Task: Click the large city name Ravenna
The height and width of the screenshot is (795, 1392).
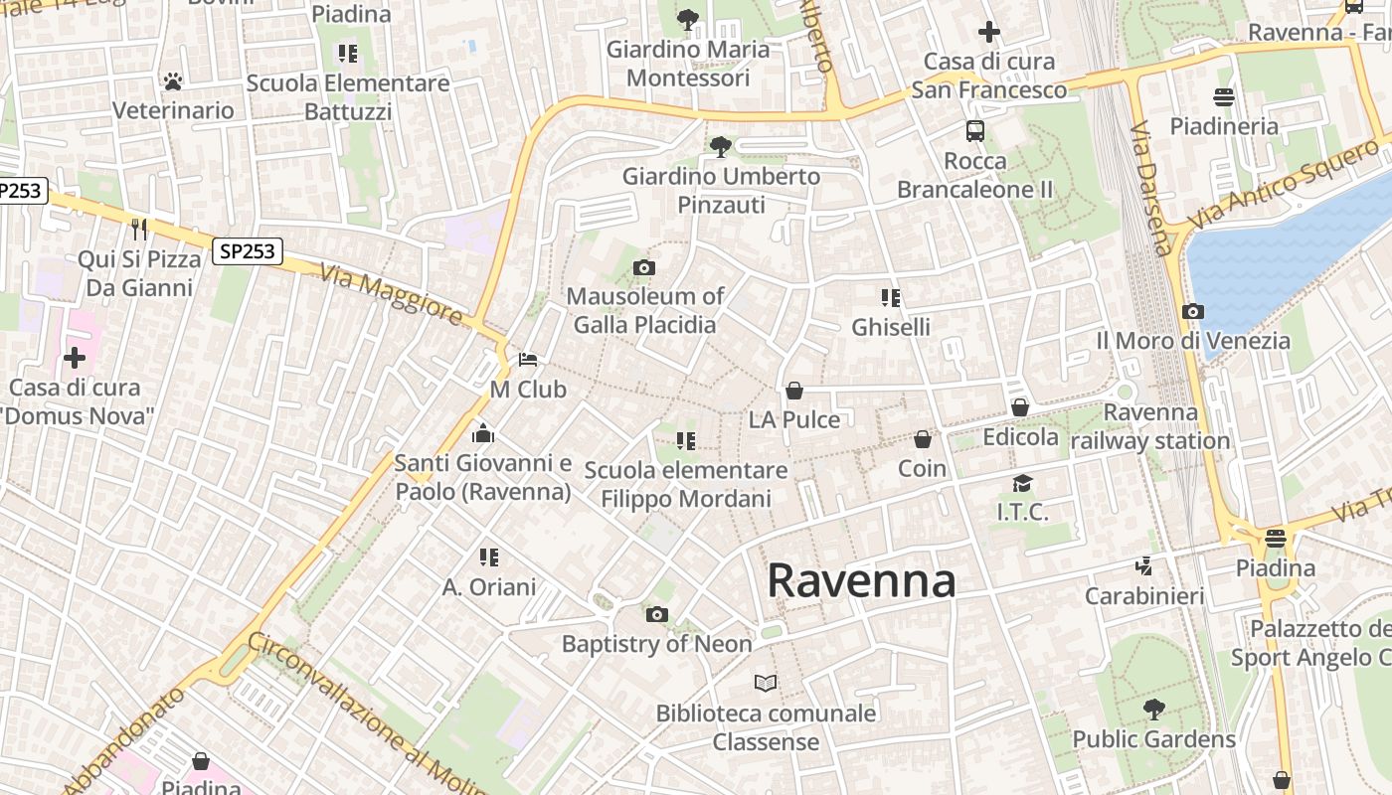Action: tap(861, 581)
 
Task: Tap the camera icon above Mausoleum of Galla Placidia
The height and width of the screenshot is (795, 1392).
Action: tap(644, 267)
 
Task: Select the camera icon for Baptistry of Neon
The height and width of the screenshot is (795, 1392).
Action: tap(656, 614)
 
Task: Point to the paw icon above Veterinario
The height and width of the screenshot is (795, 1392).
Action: tap(173, 80)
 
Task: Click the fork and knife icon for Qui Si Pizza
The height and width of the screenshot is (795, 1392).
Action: tap(138, 230)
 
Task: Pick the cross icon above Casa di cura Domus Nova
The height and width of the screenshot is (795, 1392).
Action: tap(75, 358)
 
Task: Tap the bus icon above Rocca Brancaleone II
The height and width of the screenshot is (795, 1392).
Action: tap(975, 130)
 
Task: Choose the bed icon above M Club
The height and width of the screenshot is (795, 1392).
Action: tap(528, 359)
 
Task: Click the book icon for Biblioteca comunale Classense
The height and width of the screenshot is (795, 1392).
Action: tap(765, 683)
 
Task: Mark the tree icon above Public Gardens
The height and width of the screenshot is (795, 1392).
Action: tap(1153, 710)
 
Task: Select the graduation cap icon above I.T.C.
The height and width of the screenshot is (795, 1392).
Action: tap(1022, 483)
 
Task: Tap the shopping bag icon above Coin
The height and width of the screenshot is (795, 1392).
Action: tap(923, 438)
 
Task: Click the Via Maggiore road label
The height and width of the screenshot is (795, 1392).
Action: tap(391, 293)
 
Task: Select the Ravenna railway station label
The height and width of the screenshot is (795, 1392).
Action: tap(1151, 426)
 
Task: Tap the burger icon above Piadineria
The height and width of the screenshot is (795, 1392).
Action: tap(1224, 96)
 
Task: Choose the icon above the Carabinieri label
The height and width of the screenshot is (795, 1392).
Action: tap(1144, 566)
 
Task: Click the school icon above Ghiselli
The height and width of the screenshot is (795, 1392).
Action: tap(890, 297)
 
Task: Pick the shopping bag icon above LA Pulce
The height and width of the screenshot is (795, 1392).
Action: tap(793, 391)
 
